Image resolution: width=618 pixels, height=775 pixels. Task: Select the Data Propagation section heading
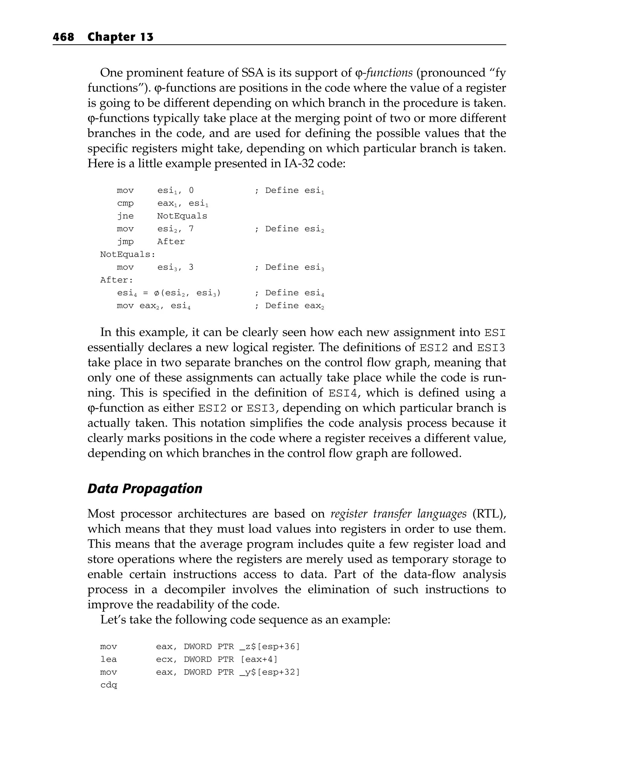pos(145,488)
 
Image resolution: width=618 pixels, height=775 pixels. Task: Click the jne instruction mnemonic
pos(126,216)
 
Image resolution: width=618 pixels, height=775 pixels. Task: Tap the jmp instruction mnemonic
pos(126,242)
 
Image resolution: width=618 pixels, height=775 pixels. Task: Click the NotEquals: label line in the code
pos(128,255)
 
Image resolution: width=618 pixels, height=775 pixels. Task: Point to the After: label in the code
pos(116,280)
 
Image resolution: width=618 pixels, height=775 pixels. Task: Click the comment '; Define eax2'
pos(289,306)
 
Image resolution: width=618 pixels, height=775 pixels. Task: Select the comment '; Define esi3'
pos(289,267)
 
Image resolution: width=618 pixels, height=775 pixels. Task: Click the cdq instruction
pos(109,685)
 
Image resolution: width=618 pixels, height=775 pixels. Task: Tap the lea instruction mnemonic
pos(109,660)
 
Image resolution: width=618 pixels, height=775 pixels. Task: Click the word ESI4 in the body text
pos(343,393)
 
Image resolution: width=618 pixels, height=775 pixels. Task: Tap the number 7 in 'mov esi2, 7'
pos(191,229)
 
